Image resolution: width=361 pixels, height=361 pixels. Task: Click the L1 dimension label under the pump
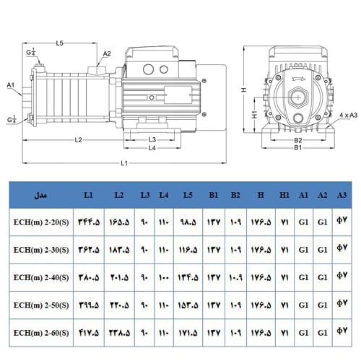(x=124, y=165)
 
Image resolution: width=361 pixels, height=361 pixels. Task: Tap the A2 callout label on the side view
(x=107, y=53)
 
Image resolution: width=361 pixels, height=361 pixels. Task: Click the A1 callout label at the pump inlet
(x=11, y=85)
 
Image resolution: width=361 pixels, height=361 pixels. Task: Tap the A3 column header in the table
(x=343, y=196)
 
